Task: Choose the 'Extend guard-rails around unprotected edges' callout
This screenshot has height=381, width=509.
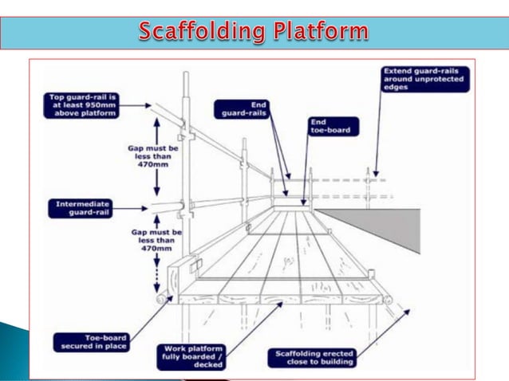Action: [426, 79]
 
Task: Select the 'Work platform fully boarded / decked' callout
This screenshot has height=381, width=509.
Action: [195, 355]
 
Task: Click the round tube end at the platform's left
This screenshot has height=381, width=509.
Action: [162, 299]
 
